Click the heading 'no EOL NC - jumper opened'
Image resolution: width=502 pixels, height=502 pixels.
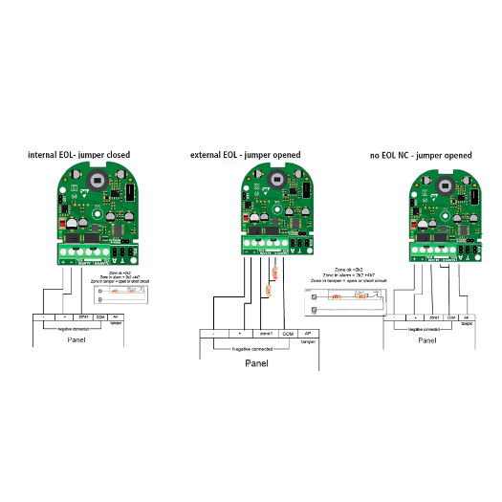[x=420, y=154]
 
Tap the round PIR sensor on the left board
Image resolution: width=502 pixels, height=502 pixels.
[x=97, y=179]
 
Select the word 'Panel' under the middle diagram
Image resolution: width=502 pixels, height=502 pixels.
[x=257, y=363]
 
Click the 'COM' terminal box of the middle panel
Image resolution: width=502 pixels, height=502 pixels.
[x=288, y=334]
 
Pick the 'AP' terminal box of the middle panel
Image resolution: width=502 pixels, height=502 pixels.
[x=308, y=334]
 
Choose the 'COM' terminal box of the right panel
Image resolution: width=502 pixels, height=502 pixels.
[x=450, y=316]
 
